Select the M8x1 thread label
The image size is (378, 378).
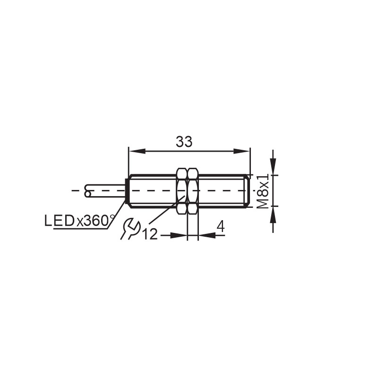coord(263,190)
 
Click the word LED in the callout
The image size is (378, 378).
coord(59,221)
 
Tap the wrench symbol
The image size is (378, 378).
coord(129,229)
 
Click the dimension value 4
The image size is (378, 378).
coord(220,227)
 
